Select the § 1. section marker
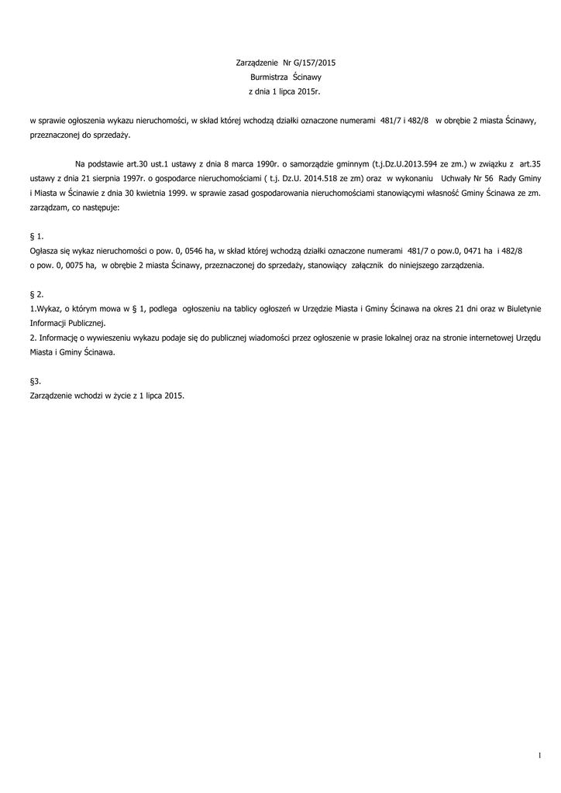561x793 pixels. point(36,235)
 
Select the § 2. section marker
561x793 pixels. point(36,294)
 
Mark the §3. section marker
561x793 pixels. point(35,381)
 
